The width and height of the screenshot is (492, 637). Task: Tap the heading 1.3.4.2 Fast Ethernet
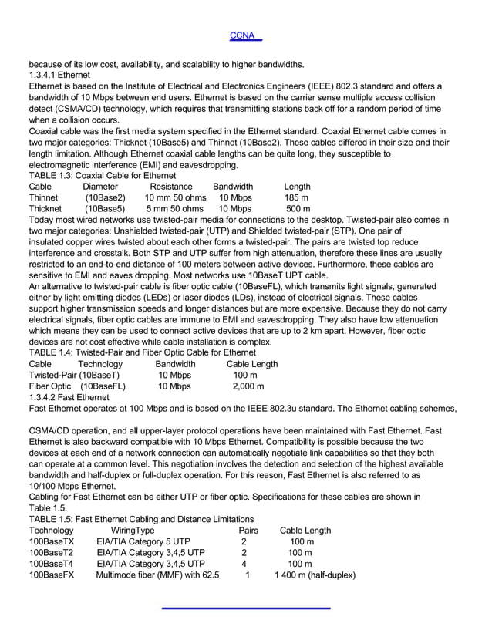(69, 397)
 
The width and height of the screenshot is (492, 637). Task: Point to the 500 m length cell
(298, 208)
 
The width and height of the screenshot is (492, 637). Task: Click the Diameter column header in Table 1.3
(100, 187)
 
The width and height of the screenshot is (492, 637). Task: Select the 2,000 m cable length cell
(248, 386)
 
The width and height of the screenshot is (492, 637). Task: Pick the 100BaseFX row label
(52, 575)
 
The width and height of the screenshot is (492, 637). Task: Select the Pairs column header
(248, 531)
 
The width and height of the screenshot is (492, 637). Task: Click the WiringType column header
(133, 531)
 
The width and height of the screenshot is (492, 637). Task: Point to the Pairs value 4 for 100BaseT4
(244, 564)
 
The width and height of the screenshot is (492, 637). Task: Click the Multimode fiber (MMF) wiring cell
(157, 575)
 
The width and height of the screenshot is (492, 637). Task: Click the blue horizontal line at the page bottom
(246, 608)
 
